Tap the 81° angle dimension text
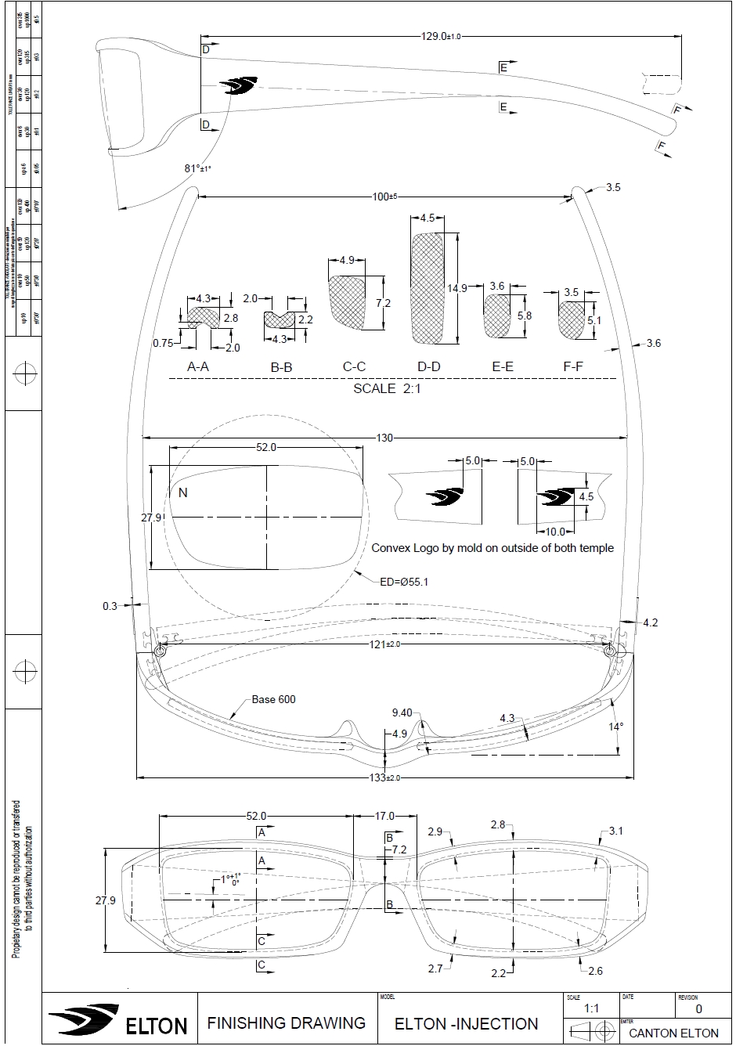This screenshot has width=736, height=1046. [x=198, y=168]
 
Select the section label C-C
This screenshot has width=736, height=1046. [x=354, y=366]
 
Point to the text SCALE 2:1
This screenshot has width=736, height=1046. [x=387, y=388]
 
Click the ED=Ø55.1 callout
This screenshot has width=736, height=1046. [x=404, y=581]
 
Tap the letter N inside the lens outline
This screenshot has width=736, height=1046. [x=183, y=492]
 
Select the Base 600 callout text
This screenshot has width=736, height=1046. [x=273, y=699]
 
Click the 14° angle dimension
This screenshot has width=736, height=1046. [x=616, y=727]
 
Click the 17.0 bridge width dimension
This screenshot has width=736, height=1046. [x=385, y=816]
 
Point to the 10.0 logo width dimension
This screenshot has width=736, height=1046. [x=554, y=532]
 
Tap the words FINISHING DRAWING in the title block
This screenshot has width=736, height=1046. [x=286, y=1023]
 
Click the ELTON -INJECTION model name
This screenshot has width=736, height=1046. [x=467, y=1024]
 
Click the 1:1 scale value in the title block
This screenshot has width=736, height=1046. [x=592, y=1009]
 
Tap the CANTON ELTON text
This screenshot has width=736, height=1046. [x=673, y=1033]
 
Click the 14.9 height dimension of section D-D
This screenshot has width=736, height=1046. [x=457, y=288]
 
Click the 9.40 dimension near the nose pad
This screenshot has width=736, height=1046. [x=402, y=712]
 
